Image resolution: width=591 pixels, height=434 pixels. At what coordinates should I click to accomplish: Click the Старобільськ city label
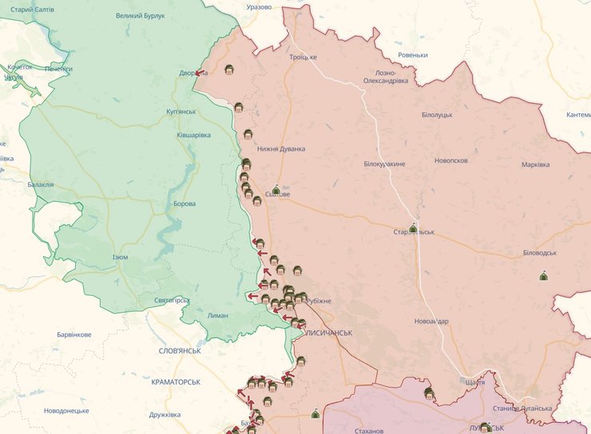pyautogui.click(x=414, y=232)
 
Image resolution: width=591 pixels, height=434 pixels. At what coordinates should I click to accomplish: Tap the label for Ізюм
pyautogui.click(x=120, y=257)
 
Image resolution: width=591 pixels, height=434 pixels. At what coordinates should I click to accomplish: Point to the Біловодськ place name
pyautogui.click(x=539, y=252)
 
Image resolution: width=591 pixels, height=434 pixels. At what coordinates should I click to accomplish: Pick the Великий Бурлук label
pyautogui.click(x=140, y=15)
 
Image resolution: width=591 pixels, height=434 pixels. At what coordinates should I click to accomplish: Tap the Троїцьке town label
pyautogui.click(x=303, y=57)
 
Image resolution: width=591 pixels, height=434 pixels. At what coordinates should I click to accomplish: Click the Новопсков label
pyautogui.click(x=451, y=160)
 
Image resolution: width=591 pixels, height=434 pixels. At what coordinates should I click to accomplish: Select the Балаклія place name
pyautogui.click(x=40, y=184)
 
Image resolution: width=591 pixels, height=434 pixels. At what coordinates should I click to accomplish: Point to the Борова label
pyautogui.click(x=184, y=203)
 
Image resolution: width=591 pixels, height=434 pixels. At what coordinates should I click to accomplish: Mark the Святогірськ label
pyautogui.click(x=172, y=300)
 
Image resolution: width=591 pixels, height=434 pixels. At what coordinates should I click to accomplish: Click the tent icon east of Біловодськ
pyautogui.click(x=544, y=276)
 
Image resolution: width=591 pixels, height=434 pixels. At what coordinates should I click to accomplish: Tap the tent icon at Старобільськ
pyautogui.click(x=413, y=228)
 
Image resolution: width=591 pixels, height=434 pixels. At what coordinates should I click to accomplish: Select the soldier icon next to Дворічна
pyautogui.click(x=229, y=69)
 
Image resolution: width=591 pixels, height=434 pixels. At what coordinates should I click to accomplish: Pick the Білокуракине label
pyautogui.click(x=384, y=164)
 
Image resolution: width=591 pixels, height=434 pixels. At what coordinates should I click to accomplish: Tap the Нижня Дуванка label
pyautogui.click(x=281, y=148)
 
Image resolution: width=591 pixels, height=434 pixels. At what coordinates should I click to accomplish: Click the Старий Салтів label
pyautogui.click(x=33, y=9)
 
